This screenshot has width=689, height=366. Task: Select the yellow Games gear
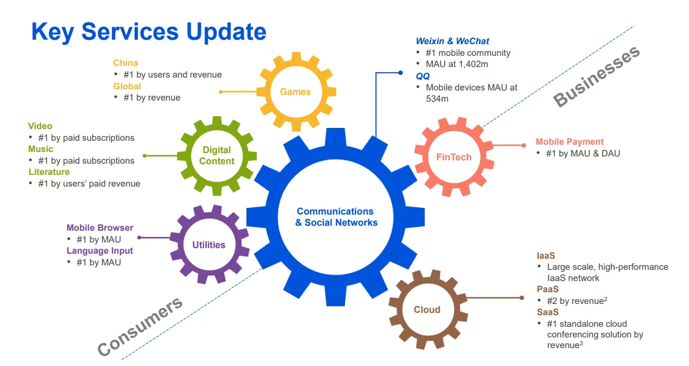(295, 92)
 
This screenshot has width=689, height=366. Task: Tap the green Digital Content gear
(217, 155)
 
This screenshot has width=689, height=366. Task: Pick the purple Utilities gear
(208, 245)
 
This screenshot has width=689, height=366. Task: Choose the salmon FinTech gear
(454, 157)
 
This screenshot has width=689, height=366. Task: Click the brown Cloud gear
(427, 310)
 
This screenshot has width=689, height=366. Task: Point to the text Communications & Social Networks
(336, 217)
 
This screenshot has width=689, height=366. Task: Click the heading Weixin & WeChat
(452, 41)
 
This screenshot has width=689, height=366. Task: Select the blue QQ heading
(422, 76)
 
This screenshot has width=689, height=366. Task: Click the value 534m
(437, 99)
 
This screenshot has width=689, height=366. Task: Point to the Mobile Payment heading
(569, 142)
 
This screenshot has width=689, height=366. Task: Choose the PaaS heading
(547, 289)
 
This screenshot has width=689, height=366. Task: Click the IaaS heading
(545, 255)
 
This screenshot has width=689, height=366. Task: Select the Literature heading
(49, 172)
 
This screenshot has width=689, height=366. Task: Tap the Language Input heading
(99, 251)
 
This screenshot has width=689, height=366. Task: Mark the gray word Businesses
(596, 77)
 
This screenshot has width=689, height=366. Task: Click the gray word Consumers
(140, 326)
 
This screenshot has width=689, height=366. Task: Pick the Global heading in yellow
(127, 87)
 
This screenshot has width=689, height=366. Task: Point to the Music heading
(41, 149)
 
